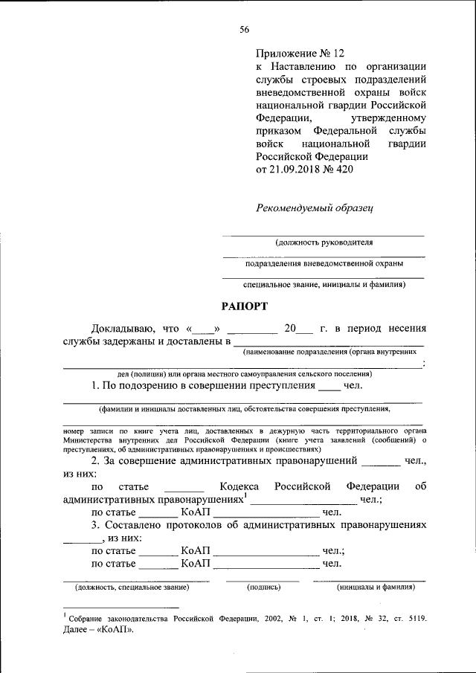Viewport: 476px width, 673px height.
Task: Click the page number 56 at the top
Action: pyautogui.click(x=244, y=29)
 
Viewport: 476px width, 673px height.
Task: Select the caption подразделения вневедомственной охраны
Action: pyautogui.click(x=324, y=263)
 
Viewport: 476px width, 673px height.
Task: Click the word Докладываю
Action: pyautogui.click(x=122, y=328)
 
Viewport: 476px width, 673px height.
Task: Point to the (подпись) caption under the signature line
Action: pyautogui.click(x=263, y=587)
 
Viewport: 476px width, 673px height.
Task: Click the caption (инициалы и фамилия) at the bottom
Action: pyautogui.click(x=376, y=587)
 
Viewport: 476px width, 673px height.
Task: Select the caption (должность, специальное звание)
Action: pyautogui.click(x=132, y=587)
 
